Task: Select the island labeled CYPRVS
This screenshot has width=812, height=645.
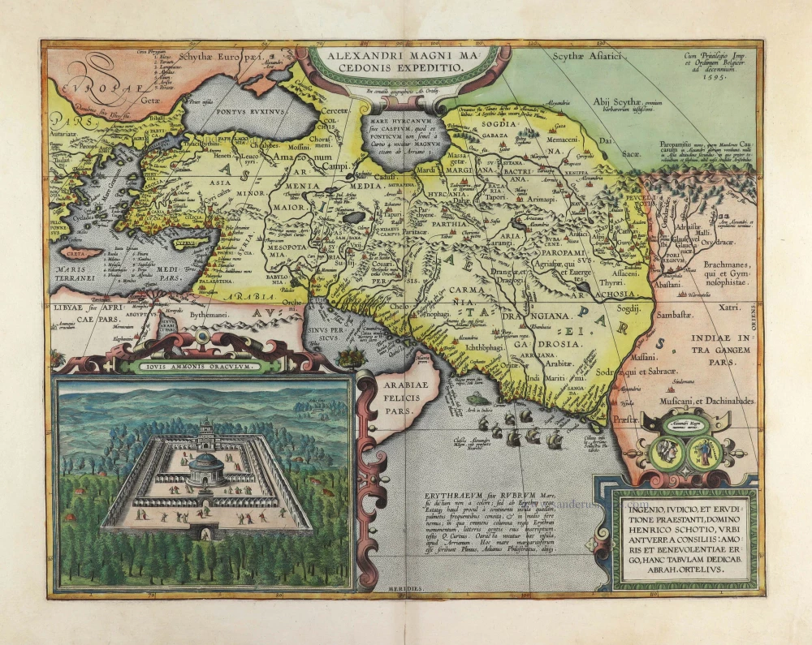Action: (187, 242)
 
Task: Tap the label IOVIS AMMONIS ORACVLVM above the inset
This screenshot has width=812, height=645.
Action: (202, 366)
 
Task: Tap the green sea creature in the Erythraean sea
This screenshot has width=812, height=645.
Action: (480, 399)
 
